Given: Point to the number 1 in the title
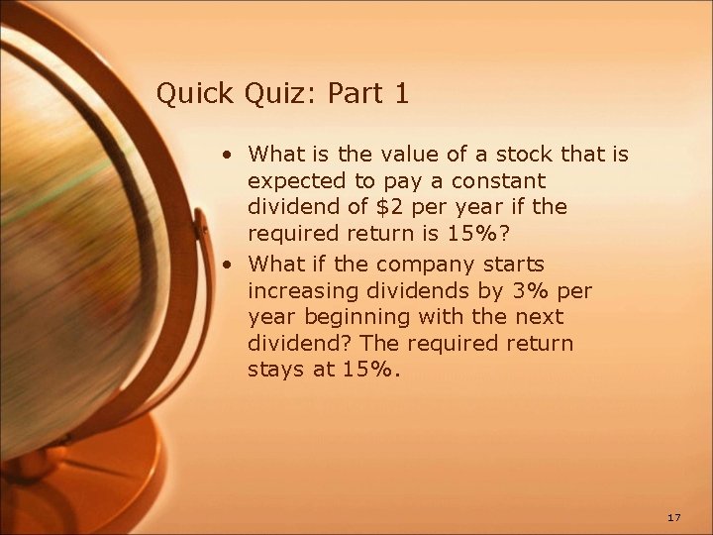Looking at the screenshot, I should click(x=401, y=94).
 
